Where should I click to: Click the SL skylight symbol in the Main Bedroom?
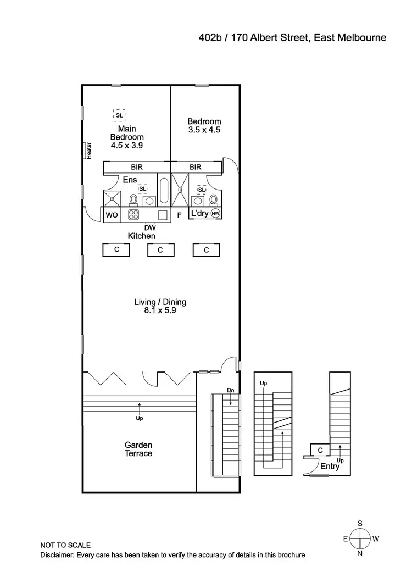pos(119,115)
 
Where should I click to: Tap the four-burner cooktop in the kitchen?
pos(133,214)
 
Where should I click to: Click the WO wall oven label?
pos(112,215)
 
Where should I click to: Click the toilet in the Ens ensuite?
pos(133,198)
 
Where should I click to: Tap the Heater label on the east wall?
pos(88,151)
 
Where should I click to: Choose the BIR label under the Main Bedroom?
pos(137,167)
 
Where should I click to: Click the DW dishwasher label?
pos(150,227)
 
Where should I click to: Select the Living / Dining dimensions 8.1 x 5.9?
pos(160,311)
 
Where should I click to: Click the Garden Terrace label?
pos(138,449)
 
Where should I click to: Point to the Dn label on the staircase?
pos(231,390)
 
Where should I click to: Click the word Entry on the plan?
pos(330,467)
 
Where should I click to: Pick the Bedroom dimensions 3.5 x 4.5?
pos(204,130)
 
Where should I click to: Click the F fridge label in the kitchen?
pos(179,215)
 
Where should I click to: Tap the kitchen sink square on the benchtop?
pos(163,214)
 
